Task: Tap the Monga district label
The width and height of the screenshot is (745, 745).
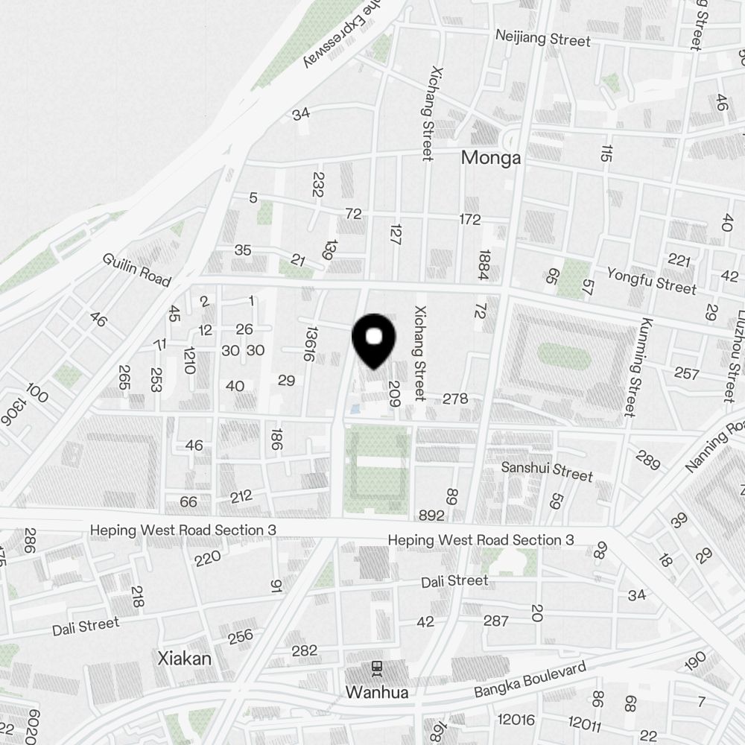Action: click(490, 158)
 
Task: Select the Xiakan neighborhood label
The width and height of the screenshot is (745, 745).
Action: click(185, 659)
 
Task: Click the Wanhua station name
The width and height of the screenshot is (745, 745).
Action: click(376, 692)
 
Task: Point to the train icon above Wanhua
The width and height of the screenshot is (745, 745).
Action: click(376, 669)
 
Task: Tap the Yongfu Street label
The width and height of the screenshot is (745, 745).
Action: click(651, 280)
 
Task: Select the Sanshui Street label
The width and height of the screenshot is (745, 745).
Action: click(547, 471)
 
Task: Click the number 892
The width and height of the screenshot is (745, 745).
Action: click(431, 516)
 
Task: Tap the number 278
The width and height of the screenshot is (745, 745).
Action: click(455, 399)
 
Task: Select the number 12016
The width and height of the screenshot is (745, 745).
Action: click(516, 720)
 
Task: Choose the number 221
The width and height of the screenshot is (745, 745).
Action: click(679, 260)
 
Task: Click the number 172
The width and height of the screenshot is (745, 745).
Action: click(470, 220)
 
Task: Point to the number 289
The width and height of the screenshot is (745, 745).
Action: click(647, 460)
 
